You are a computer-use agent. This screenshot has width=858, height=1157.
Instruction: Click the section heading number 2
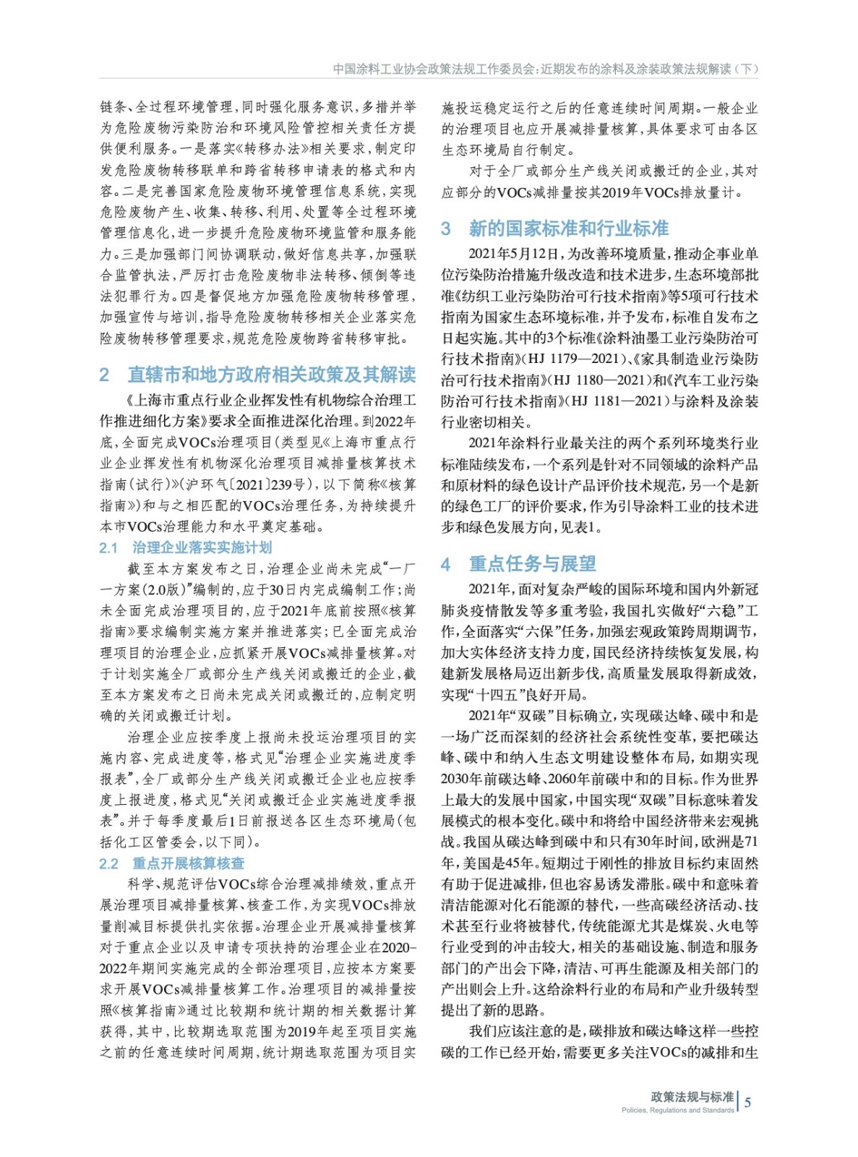coord(105,375)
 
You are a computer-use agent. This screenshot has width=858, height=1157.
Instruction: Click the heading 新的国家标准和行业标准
coord(568,229)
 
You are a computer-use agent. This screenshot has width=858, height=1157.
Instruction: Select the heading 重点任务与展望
coord(532,563)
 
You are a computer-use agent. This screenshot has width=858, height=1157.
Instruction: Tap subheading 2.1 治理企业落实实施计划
coord(185,547)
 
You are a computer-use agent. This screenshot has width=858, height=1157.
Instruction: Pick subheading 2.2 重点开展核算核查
coord(172,863)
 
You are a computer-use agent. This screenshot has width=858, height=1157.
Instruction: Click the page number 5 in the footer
coord(748,1102)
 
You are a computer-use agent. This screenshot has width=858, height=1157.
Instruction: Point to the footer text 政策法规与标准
coord(692,1096)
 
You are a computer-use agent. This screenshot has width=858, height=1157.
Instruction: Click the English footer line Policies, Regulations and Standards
coord(677,1110)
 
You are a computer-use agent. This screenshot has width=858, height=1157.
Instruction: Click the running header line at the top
coord(546,69)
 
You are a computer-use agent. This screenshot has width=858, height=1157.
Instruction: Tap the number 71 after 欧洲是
coord(751,842)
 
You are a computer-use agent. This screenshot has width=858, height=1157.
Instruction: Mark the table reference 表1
coord(583,526)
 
